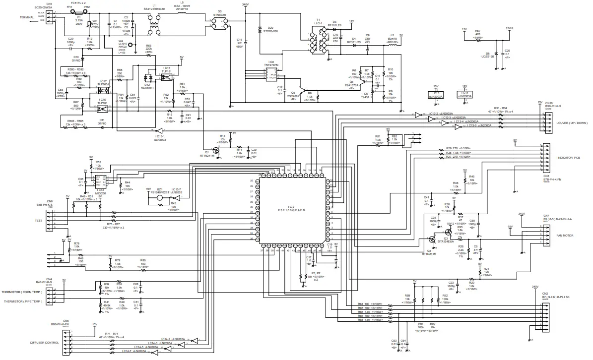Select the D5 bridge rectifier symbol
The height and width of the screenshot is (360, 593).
point(219,19)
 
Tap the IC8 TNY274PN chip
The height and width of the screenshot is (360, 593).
point(269,74)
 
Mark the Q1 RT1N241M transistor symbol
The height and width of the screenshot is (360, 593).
point(217,150)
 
